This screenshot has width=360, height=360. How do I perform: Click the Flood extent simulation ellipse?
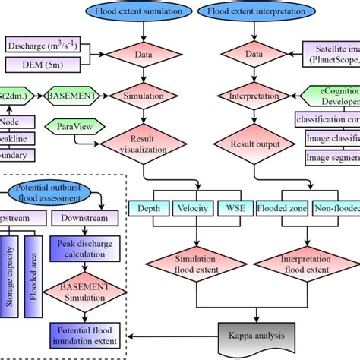142,12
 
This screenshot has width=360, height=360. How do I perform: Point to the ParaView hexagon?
70,124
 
